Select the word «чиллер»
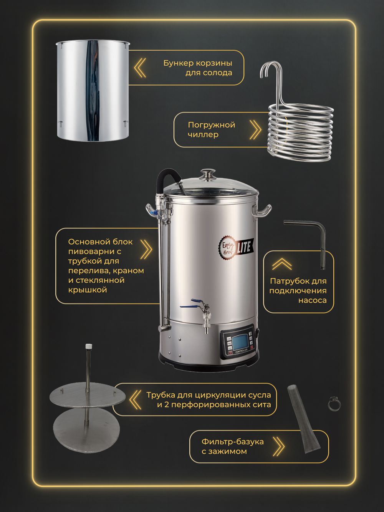(203, 135)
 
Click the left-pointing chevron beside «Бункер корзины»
(140, 68)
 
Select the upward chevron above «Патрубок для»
(281, 264)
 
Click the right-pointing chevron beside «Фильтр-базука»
(279, 446)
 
